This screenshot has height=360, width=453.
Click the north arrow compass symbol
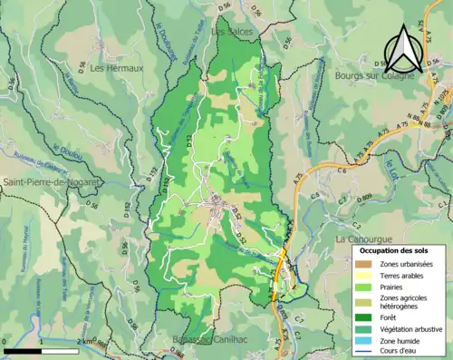403,49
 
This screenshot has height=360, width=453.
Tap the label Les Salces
230,31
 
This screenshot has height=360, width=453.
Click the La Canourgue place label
361,238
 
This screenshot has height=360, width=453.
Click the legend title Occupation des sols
393,249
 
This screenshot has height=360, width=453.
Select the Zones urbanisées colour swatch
364,263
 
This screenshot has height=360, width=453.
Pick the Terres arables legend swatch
364,275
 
